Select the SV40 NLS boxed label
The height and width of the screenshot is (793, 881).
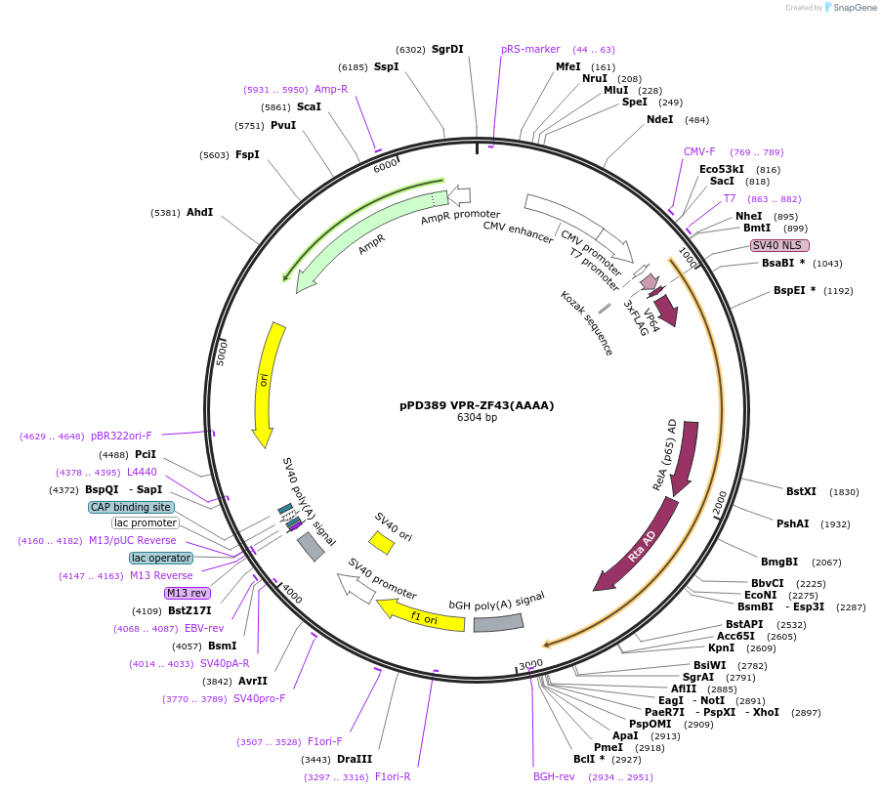[x=778, y=245]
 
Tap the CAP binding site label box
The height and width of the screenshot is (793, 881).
[x=131, y=507]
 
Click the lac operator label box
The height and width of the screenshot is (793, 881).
[x=161, y=558]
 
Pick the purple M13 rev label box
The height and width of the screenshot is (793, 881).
[x=187, y=593]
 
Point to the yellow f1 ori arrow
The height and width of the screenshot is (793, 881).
[x=421, y=615]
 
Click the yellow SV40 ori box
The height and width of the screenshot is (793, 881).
[x=380, y=542]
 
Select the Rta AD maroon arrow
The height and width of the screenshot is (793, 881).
[x=640, y=548]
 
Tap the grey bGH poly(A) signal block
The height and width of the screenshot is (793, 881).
[x=498, y=621]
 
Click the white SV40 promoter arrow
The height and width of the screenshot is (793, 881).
[x=356, y=588]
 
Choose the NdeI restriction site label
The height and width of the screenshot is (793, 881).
[x=660, y=119]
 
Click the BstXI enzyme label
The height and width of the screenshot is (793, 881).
[x=801, y=491]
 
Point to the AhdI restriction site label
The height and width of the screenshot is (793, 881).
[x=199, y=212]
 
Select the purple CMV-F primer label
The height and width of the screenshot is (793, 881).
[x=699, y=151]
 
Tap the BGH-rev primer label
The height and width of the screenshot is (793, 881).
[x=554, y=776]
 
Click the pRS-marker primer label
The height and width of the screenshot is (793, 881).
[x=530, y=49]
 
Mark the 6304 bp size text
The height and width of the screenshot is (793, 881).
[x=477, y=418]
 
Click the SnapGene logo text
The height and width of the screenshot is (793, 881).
[x=855, y=8]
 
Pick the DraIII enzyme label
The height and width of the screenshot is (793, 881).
[x=355, y=759]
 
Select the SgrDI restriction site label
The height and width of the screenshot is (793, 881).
[x=447, y=49]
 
